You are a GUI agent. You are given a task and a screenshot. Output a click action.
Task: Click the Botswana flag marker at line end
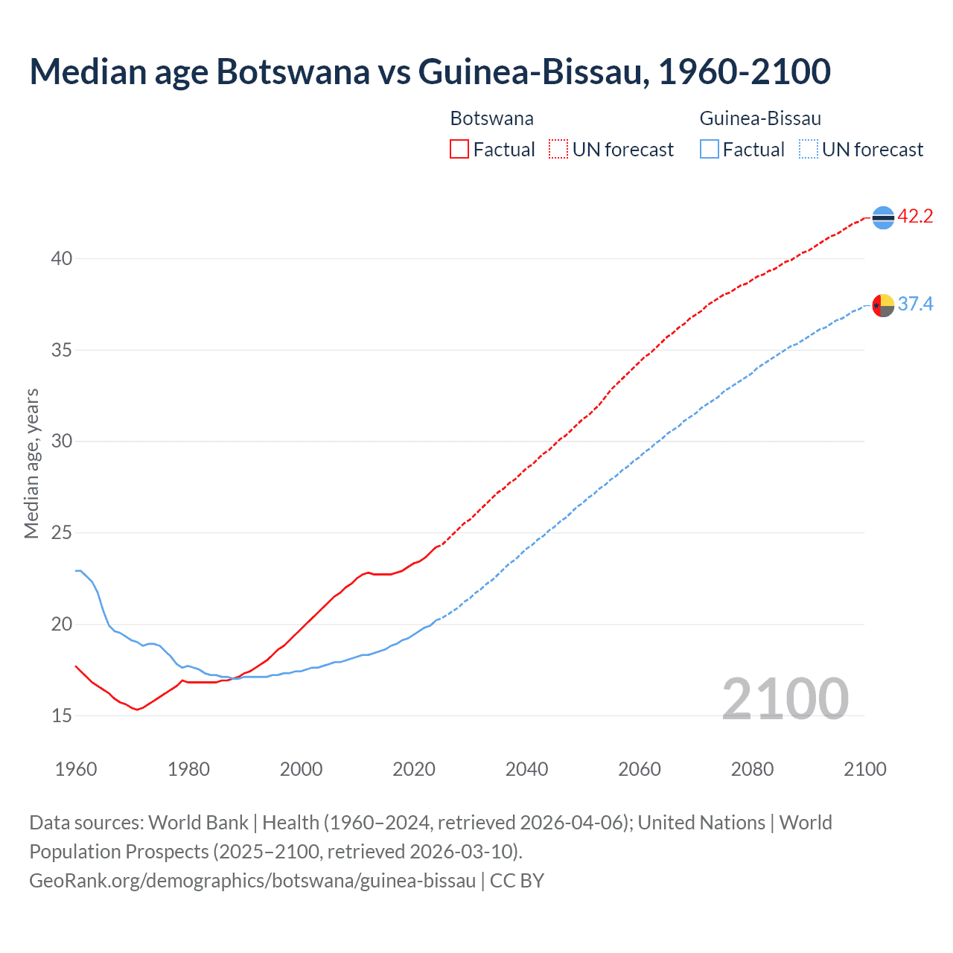click(883, 217)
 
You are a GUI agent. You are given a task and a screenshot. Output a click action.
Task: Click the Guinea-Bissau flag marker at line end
click(883, 305)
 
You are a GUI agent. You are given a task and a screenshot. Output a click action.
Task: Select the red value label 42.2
click(915, 217)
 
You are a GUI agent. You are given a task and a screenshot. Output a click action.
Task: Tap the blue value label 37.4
click(915, 305)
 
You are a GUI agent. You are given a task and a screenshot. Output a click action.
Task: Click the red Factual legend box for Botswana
click(459, 150)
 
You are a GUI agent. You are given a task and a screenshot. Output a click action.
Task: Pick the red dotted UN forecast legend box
click(558, 150)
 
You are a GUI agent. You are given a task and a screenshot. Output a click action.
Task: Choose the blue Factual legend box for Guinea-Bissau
click(710, 150)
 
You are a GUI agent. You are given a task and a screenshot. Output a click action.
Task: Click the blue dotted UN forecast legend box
click(808, 150)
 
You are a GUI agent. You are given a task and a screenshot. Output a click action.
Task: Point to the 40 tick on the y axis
click(62, 259)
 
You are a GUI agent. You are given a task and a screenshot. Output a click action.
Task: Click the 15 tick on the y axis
click(62, 716)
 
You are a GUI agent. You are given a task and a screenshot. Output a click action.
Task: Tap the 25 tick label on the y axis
click(62, 533)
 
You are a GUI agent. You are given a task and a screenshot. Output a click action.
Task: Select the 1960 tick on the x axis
click(76, 769)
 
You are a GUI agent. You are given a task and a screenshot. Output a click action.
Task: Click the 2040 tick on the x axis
click(526, 769)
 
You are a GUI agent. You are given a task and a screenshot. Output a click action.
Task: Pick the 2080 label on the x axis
click(752, 769)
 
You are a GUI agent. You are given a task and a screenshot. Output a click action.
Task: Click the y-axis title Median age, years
click(31, 463)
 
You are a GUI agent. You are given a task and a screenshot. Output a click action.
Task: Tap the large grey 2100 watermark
click(785, 698)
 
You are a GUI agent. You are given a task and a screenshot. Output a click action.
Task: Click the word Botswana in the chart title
click(293, 71)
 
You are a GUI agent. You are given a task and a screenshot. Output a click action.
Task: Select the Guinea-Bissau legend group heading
click(760, 118)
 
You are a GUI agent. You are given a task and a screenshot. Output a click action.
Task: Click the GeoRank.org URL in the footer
click(252, 881)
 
